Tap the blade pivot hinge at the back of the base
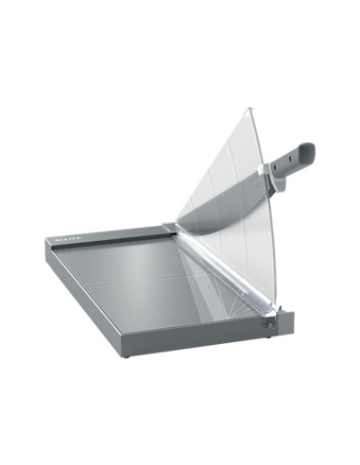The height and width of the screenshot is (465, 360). pos(169,226)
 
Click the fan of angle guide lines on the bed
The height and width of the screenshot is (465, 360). pos(203,284)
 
